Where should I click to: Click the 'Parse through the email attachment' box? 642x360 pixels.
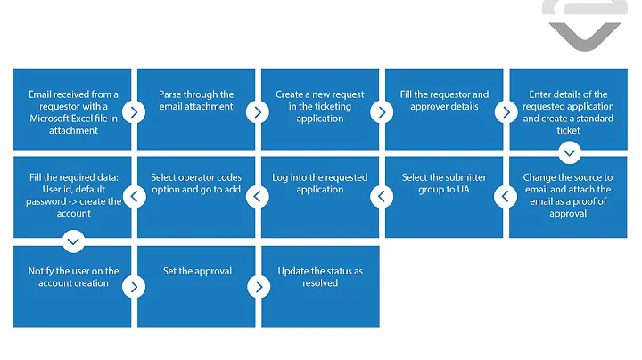[196, 109]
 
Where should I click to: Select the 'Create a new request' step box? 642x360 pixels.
[319, 109]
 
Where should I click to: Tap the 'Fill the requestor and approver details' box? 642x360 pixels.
[444, 109]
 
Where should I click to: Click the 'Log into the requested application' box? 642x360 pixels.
[319, 197]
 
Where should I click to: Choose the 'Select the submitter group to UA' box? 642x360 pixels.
[444, 197]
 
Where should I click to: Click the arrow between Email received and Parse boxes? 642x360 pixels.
[133, 112]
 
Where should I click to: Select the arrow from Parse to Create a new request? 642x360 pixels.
[257, 112]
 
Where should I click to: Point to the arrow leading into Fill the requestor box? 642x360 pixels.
[381, 112]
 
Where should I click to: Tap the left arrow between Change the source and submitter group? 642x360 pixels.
[506, 196]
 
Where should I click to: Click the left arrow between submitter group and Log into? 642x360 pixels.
[382, 196]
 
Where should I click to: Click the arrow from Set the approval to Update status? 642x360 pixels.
[257, 287]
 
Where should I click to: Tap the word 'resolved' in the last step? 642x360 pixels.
[319, 283]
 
